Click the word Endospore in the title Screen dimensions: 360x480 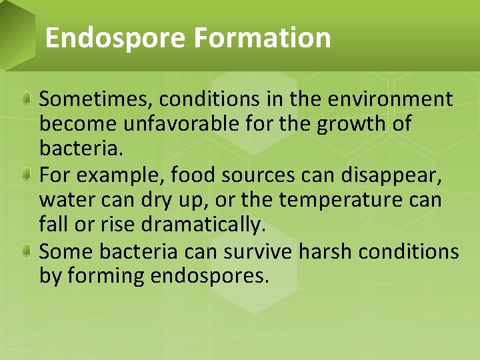tap(115, 38)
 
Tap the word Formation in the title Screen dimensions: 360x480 tap(262, 38)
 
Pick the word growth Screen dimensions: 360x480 tap(343, 125)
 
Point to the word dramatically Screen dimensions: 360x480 tap(183, 225)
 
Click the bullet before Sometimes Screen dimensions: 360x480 tap(25, 99)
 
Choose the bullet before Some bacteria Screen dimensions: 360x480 tap(25, 251)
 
